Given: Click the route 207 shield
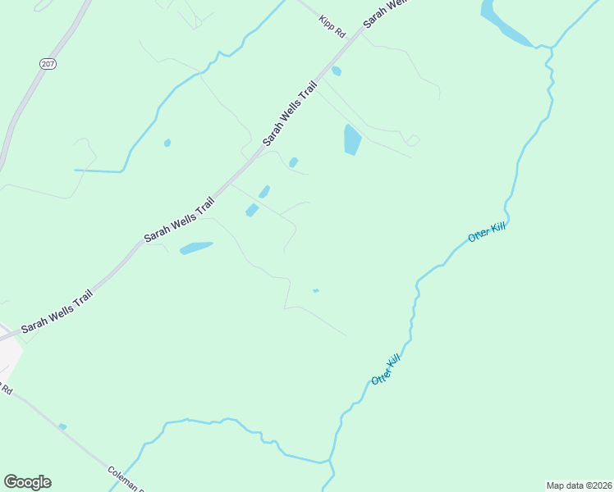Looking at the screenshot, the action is (x=47, y=63).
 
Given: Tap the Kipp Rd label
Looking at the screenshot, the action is (x=332, y=24).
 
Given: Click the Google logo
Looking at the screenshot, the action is (x=27, y=481).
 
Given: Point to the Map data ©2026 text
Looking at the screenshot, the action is (x=579, y=485).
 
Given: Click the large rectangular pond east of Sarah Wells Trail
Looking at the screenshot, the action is (x=352, y=139).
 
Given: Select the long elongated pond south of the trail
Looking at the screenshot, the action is (x=196, y=247).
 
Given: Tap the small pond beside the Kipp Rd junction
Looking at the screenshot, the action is (x=337, y=71).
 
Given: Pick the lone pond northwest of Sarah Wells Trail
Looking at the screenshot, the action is (x=167, y=143).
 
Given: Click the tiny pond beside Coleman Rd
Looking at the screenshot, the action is (x=62, y=426).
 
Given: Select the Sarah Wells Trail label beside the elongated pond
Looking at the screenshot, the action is (x=179, y=219).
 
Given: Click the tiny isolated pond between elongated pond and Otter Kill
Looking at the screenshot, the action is (x=315, y=290).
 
